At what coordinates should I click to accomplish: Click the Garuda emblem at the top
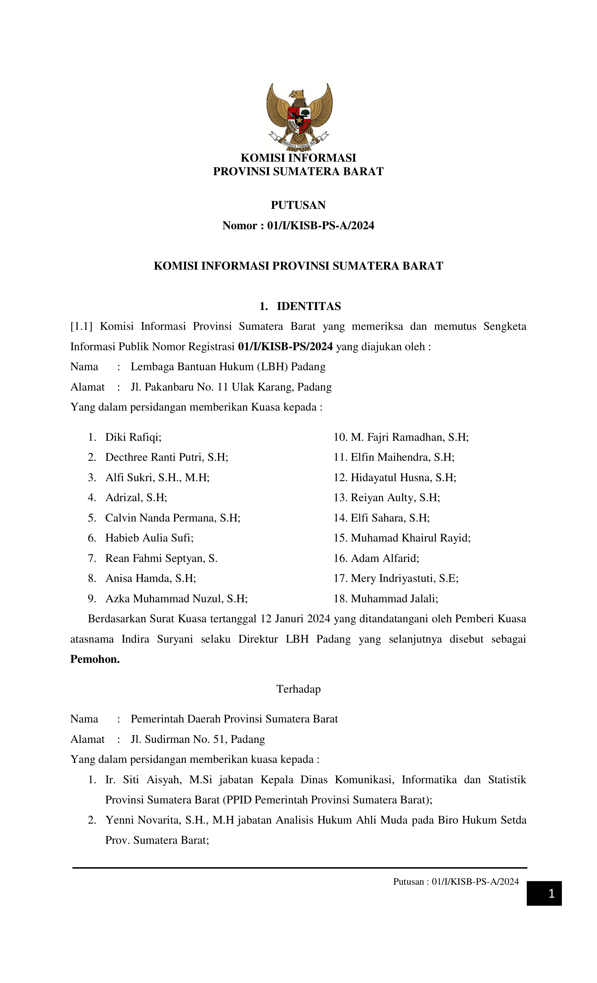[299, 116]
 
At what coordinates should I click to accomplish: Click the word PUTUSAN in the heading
[298, 205]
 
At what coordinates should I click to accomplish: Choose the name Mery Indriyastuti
[393, 578]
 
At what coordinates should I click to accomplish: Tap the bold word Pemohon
[95, 659]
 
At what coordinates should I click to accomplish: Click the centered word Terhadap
[298, 689]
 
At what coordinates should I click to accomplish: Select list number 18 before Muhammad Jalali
[340, 599]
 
